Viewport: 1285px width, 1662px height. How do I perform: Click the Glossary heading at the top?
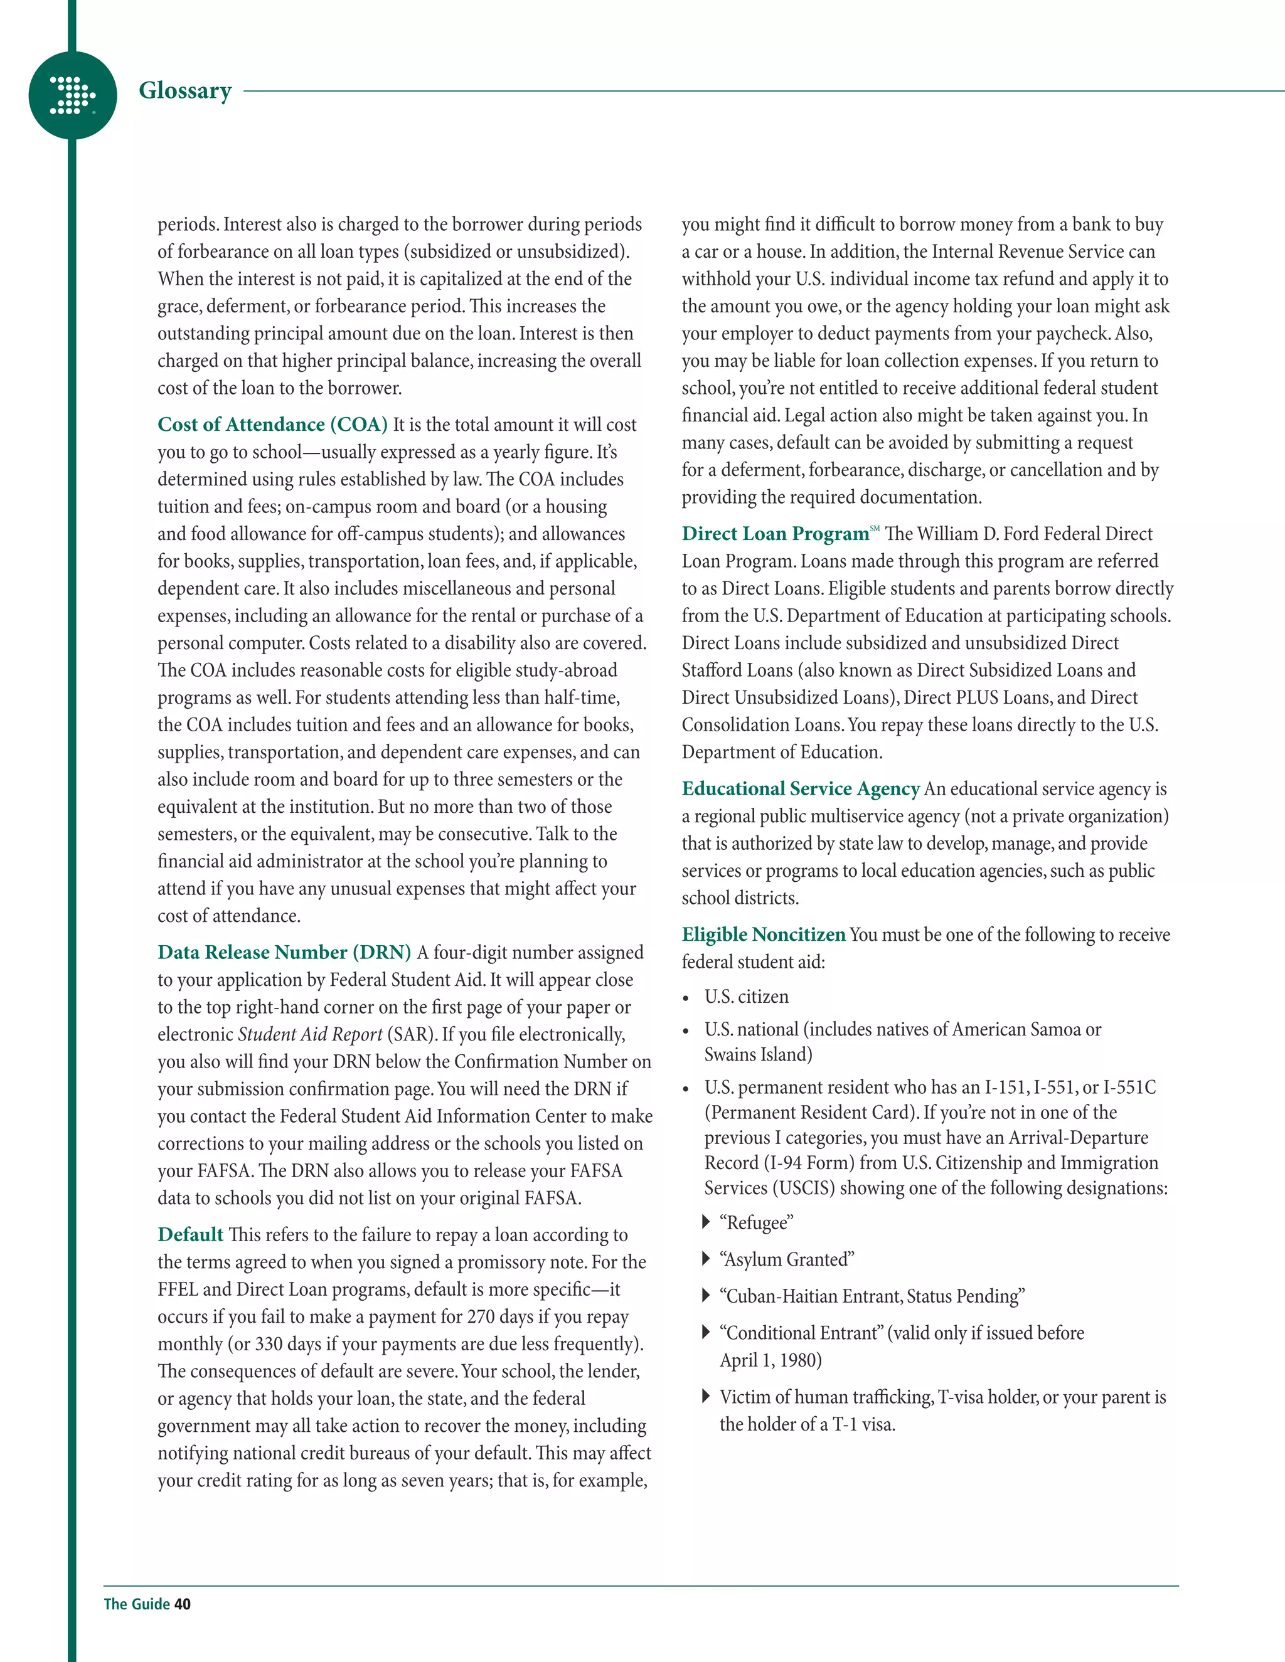[x=185, y=90]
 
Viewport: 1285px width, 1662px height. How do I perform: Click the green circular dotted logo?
[x=72, y=95]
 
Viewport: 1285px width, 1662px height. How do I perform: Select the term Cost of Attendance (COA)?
[x=272, y=425]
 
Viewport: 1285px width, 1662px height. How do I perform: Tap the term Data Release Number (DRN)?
[x=284, y=953]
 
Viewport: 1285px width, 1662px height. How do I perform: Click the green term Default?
[x=190, y=1234]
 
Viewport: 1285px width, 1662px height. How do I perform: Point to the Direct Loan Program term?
[x=775, y=534]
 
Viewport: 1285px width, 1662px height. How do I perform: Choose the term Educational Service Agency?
[x=801, y=789]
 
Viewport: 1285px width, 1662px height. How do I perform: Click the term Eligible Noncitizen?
[x=764, y=934]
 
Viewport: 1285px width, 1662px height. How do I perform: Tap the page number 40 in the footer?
[x=183, y=1604]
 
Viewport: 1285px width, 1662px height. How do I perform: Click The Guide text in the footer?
[x=137, y=1604]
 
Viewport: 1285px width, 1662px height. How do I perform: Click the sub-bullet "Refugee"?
[x=756, y=1223]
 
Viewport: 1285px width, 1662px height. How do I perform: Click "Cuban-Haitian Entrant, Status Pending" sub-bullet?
[x=872, y=1296]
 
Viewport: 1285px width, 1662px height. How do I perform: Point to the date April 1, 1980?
[x=770, y=1360]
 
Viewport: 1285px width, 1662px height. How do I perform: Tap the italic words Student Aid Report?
[x=310, y=1034]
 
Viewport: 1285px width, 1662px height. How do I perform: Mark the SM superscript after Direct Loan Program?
[x=875, y=528]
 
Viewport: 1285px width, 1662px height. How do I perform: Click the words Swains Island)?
[x=758, y=1055]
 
